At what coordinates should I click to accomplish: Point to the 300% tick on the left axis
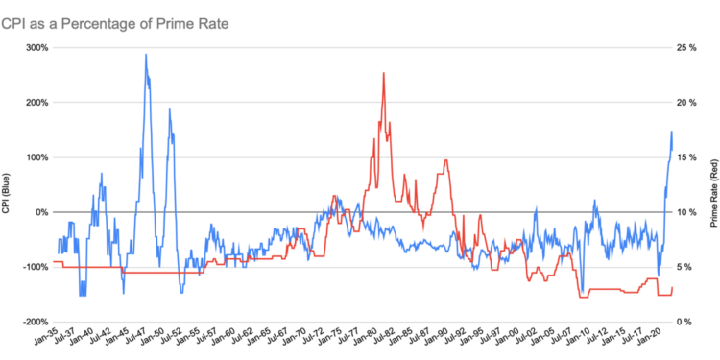pos(36,47)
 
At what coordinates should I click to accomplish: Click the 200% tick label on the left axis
pos(36,102)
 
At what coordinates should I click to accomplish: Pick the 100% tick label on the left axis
pos(36,156)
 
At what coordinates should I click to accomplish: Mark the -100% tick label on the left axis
pos(34,267)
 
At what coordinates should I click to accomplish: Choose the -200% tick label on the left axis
pos(34,322)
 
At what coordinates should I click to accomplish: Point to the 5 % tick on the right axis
pos(682,267)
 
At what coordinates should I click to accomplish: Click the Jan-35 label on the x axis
pos(44,340)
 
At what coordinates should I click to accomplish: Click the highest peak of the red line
pos(384,73)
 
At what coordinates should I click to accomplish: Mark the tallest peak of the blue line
pos(146,55)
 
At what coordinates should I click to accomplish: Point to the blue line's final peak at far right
pos(671,132)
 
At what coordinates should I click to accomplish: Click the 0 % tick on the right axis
pos(682,322)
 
